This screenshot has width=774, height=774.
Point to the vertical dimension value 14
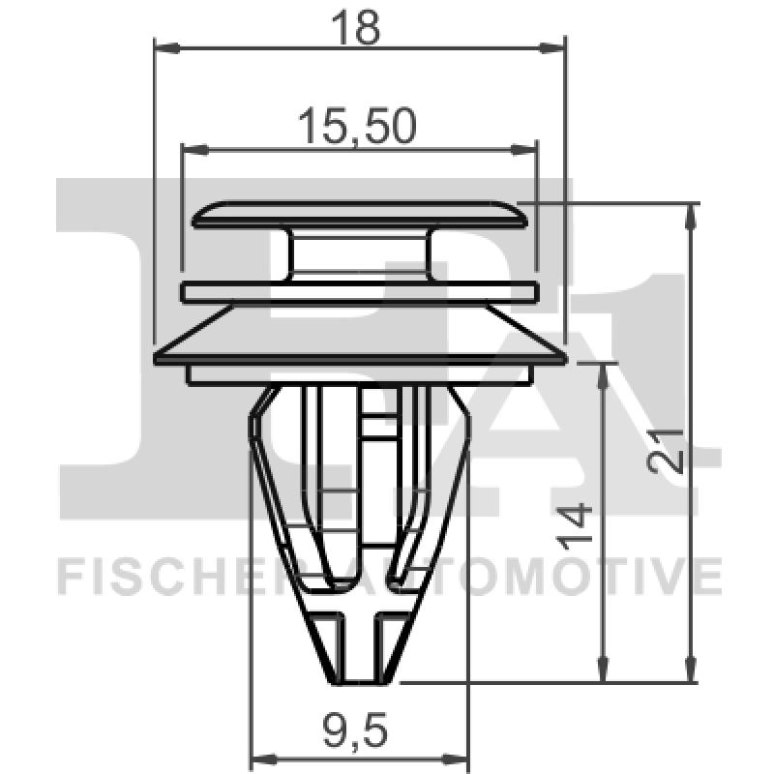click(579, 527)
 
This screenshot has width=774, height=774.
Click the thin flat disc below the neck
click(360, 290)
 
